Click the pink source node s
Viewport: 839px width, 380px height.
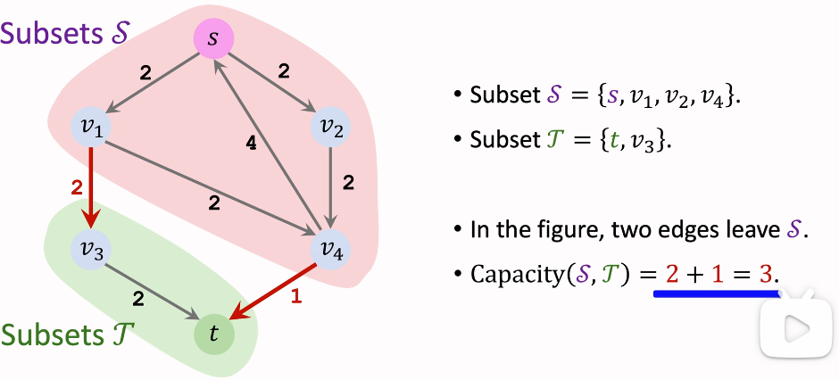(x=212, y=38)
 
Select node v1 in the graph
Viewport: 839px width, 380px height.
(x=92, y=129)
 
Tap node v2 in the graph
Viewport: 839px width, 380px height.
(x=331, y=129)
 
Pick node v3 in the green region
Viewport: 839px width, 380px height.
(x=92, y=249)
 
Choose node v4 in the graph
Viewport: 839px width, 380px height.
(x=331, y=249)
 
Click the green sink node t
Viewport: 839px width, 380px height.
(x=213, y=334)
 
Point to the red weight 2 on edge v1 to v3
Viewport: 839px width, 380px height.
(x=76, y=188)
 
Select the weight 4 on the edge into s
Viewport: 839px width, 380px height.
(x=252, y=145)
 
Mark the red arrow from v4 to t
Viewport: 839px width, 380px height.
(x=272, y=291)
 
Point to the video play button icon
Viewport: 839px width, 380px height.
(x=789, y=328)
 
